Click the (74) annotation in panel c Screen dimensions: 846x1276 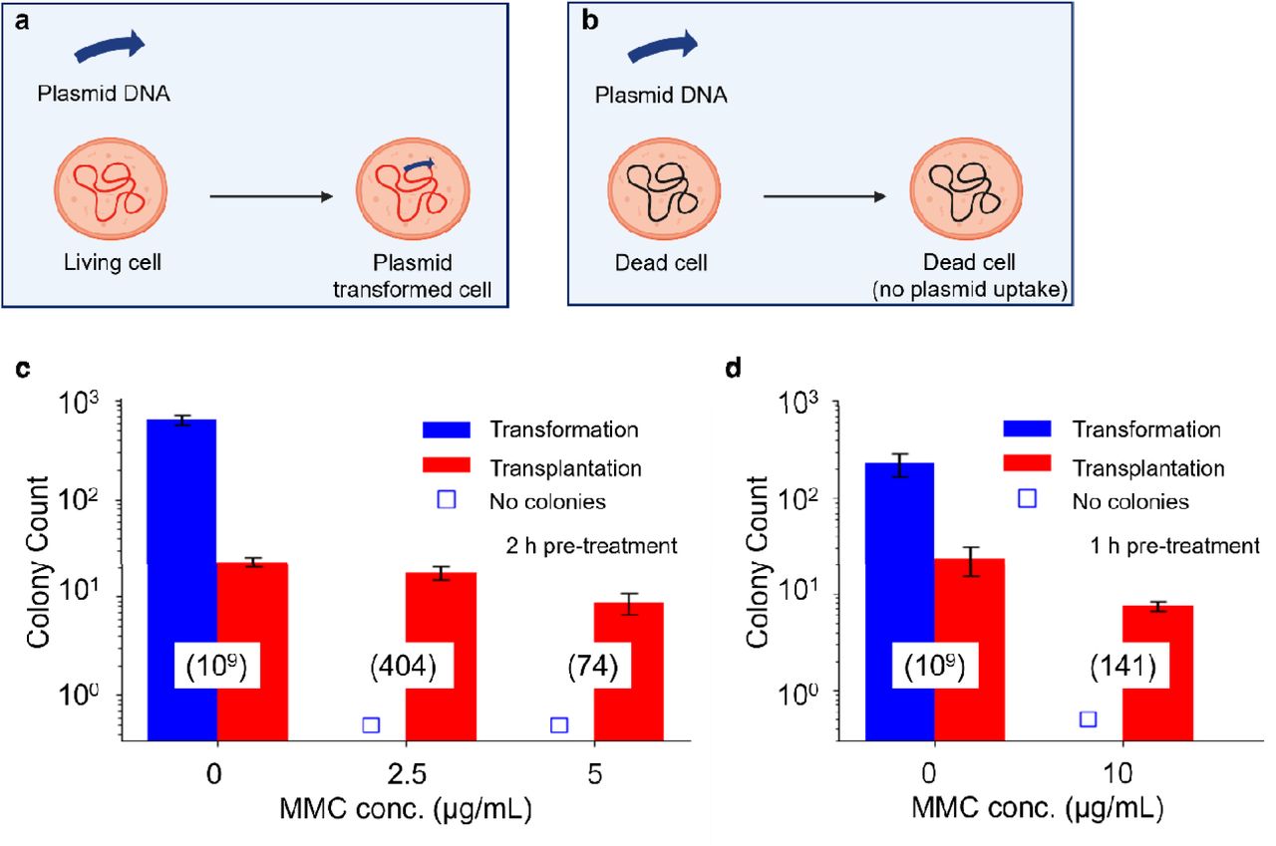point(594,666)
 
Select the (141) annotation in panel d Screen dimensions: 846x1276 point(1122,666)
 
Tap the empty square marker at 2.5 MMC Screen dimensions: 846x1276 point(371,725)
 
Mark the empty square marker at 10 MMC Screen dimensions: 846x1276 point(1089,719)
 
